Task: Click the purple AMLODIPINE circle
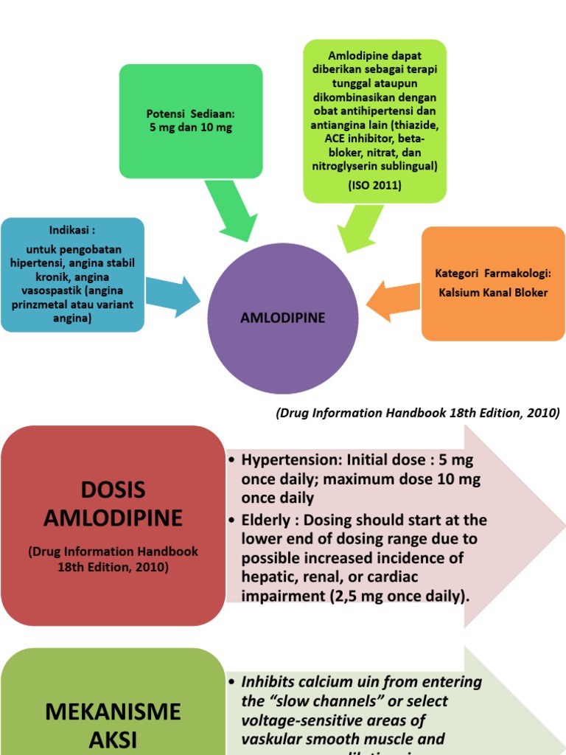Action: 283,318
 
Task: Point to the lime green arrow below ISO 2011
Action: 360,226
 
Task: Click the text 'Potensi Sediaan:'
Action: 190,114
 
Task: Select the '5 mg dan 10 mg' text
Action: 190,127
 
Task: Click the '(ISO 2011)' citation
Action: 374,185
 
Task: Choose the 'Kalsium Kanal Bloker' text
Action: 493,292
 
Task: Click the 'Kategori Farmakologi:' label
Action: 493,274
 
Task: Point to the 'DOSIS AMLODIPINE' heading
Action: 113,504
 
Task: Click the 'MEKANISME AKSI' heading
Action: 113,726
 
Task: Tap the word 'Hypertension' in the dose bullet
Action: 284,459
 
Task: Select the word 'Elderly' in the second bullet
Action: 264,520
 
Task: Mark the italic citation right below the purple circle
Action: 417,412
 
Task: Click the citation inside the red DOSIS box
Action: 113,559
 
